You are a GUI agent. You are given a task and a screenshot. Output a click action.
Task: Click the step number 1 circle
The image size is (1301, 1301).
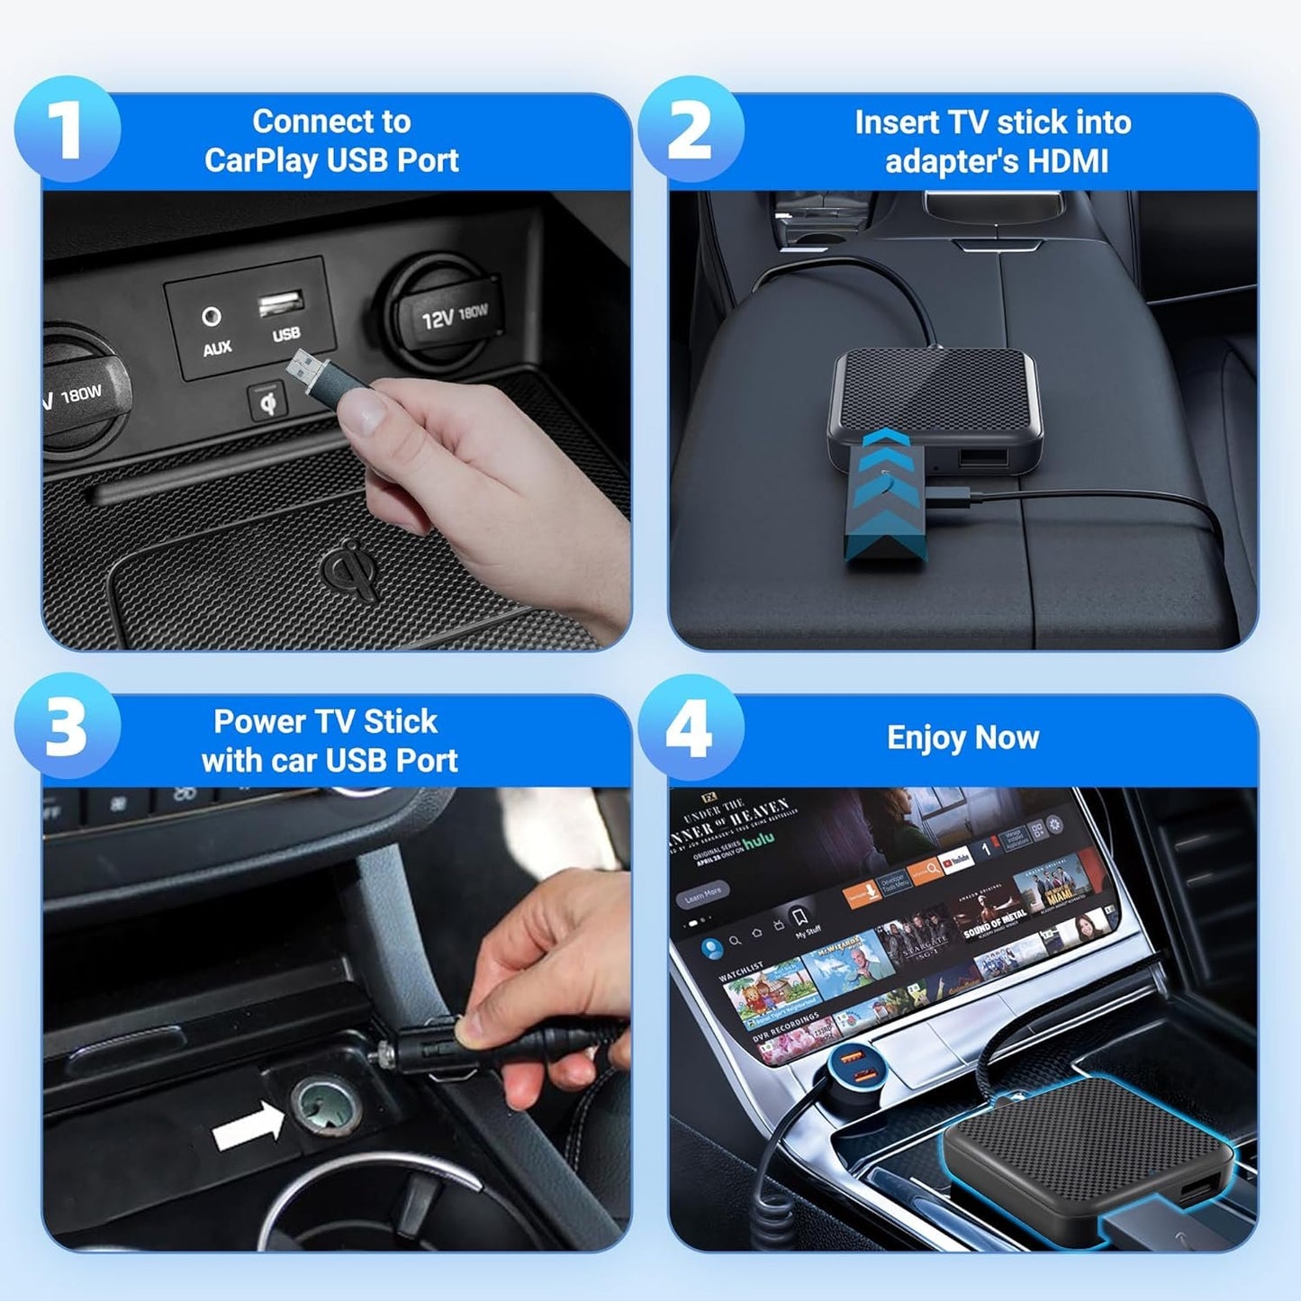[68, 130]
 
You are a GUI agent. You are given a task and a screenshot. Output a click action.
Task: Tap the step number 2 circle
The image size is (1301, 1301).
[691, 130]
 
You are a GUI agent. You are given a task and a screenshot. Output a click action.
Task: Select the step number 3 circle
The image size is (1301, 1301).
[68, 726]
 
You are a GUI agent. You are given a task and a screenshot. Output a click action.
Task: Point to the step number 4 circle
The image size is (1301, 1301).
[691, 727]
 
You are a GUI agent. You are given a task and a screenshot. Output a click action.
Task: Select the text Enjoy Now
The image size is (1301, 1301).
[962, 737]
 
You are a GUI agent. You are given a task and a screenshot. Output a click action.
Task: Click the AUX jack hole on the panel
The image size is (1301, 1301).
[212, 316]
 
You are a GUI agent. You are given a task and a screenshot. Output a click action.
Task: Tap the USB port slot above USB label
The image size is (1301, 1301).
[281, 303]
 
